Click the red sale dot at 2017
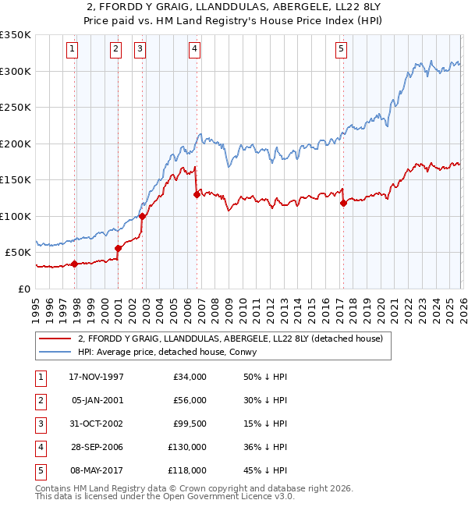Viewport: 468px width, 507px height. (343, 204)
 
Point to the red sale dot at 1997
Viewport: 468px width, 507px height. (75, 264)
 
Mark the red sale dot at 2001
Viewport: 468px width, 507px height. (118, 248)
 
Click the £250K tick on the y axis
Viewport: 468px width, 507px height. (16, 108)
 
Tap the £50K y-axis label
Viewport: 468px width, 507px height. (19, 253)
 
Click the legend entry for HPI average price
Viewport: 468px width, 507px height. (171, 352)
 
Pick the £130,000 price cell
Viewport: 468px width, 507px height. (187, 447)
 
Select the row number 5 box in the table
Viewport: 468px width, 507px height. (39, 470)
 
